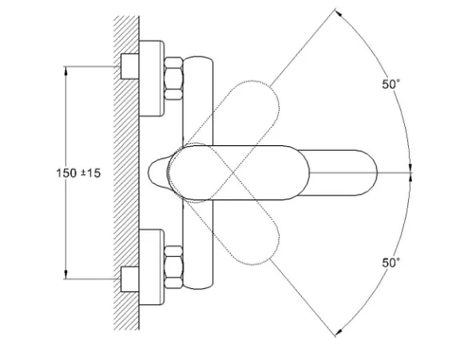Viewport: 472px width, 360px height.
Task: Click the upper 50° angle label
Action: (x=391, y=84)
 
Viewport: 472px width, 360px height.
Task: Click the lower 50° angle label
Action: (x=391, y=263)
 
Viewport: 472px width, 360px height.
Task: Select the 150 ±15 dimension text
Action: (x=78, y=173)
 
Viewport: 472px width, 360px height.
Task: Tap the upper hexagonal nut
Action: (x=173, y=78)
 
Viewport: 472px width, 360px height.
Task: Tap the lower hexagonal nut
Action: (x=173, y=267)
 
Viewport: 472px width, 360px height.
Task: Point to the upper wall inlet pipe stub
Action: (x=129, y=66)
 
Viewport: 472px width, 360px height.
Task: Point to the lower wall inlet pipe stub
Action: (x=129, y=279)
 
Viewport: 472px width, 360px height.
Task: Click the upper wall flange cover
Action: (x=152, y=78)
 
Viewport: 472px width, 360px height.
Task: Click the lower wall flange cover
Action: (x=152, y=267)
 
